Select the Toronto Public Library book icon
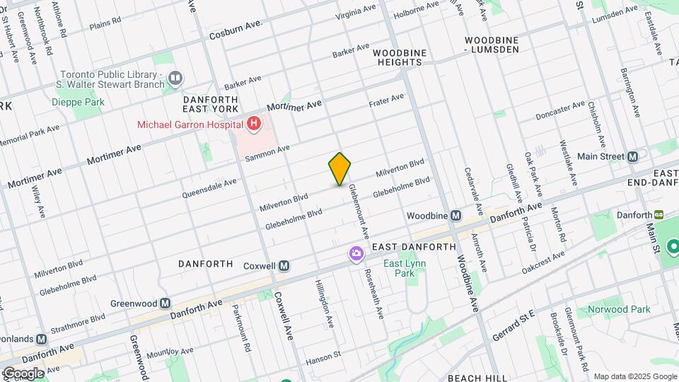(175, 76)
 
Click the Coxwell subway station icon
(284, 265)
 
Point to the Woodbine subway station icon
(455, 215)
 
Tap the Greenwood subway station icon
(165, 303)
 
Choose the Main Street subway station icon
(633, 156)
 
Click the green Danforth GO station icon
(658, 215)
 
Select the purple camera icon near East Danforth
(355, 253)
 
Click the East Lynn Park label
(399, 268)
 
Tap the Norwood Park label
(618, 309)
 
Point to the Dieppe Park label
(78, 102)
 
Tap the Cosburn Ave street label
(236, 30)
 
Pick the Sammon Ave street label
(268, 152)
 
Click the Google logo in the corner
(23, 373)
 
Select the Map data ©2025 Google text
(635, 376)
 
